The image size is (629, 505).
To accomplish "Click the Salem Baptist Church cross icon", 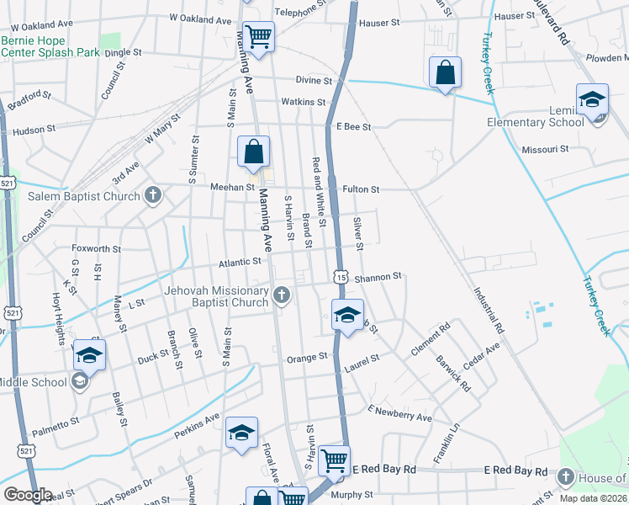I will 152,196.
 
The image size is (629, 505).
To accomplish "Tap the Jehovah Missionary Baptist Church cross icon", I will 282,295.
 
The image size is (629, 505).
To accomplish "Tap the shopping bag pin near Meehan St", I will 253,153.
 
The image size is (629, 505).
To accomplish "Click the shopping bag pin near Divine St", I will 446,73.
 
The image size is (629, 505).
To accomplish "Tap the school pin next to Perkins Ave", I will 241,433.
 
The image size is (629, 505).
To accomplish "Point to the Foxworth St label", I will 97,249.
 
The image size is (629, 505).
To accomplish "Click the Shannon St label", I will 378,275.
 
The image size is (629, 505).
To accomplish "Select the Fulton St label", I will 361,189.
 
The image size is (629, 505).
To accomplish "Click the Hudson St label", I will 34,130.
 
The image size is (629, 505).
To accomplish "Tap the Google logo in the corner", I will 28,495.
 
